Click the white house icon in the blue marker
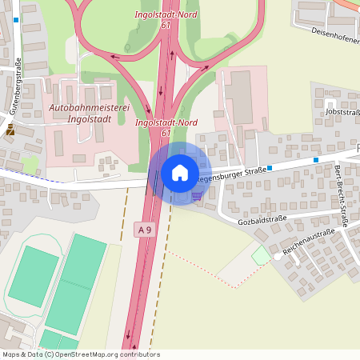coord(180,172)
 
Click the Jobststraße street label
coord(342,112)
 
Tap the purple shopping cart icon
coord(197,194)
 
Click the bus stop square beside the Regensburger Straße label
coord(270,168)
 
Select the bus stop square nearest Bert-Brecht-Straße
coord(316,160)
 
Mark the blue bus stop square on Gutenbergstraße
coord(15,19)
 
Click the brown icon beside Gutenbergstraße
coord(10,128)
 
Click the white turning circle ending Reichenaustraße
coord(277,255)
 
